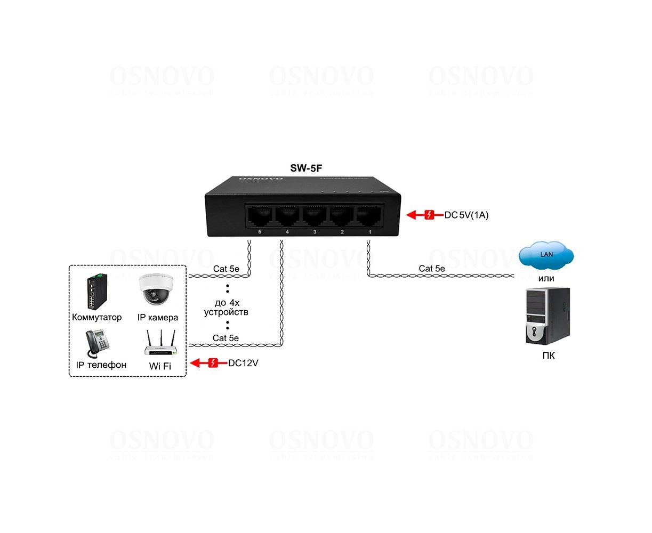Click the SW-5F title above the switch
pos(306,168)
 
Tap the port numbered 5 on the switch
pos(260,216)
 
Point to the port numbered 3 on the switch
pos(315,216)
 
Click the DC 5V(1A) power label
pos(466,215)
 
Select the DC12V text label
pos(243,364)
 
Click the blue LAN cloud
pos(546,255)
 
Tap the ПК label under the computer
pos(548,356)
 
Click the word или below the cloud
pos(546,278)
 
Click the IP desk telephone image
pos(98,344)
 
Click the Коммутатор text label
pos(96,317)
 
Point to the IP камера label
pos(158,317)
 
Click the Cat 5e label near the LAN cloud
pos(431,269)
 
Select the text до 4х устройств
pos(226,307)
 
